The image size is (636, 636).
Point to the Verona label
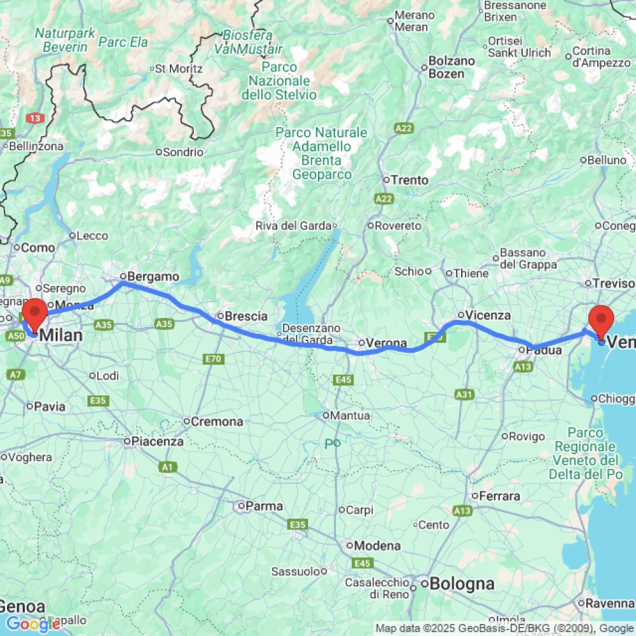[386, 343]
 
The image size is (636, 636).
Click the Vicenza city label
[488, 315]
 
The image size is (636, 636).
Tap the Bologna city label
[462, 584]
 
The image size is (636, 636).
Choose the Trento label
[410, 180]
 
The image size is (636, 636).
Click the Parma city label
[256, 507]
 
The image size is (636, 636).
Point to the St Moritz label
[179, 68]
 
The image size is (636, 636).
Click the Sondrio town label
[183, 153]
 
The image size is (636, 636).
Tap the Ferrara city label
[500, 496]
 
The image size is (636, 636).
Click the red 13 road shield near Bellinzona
[34, 118]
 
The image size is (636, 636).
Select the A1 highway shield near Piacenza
[167, 467]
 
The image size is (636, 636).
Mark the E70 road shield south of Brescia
[214, 360]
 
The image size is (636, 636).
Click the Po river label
[333, 443]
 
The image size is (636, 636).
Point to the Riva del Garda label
[293, 226]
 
